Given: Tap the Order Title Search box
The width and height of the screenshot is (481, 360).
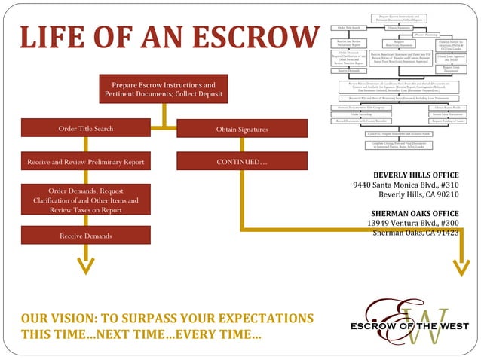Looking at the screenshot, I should (x=86, y=129).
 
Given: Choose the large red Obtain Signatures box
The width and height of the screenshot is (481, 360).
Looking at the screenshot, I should (x=241, y=130).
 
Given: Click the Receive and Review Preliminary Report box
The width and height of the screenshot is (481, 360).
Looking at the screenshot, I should (x=86, y=161).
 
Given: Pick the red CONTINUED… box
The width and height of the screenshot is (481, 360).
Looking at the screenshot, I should (x=241, y=161).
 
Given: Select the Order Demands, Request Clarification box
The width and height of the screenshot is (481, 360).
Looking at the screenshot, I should (x=86, y=200).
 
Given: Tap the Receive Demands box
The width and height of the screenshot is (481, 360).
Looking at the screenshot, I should (x=86, y=236).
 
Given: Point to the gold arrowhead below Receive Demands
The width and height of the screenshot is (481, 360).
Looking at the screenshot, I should (x=87, y=266).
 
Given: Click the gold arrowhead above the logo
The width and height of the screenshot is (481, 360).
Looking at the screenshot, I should (x=460, y=266).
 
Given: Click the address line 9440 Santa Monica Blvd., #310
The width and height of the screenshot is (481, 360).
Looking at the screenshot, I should (x=406, y=185).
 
